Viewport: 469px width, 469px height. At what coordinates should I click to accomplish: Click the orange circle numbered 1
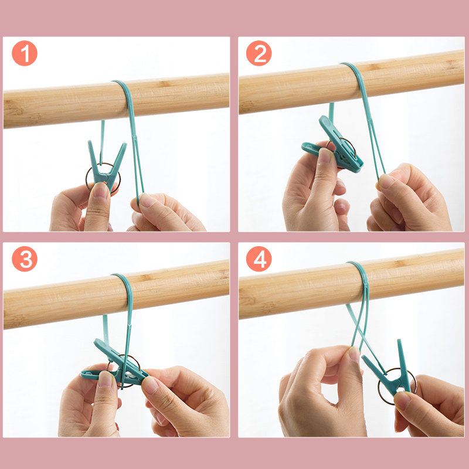(25, 53)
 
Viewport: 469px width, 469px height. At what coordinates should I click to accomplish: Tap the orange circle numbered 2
(259, 53)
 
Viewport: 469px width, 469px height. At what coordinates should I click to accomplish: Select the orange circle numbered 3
(25, 259)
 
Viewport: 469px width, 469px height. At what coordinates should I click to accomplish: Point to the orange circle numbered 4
(259, 259)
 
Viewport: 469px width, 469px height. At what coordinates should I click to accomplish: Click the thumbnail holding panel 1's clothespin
(100, 191)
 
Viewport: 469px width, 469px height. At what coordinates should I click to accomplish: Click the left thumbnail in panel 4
(355, 354)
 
